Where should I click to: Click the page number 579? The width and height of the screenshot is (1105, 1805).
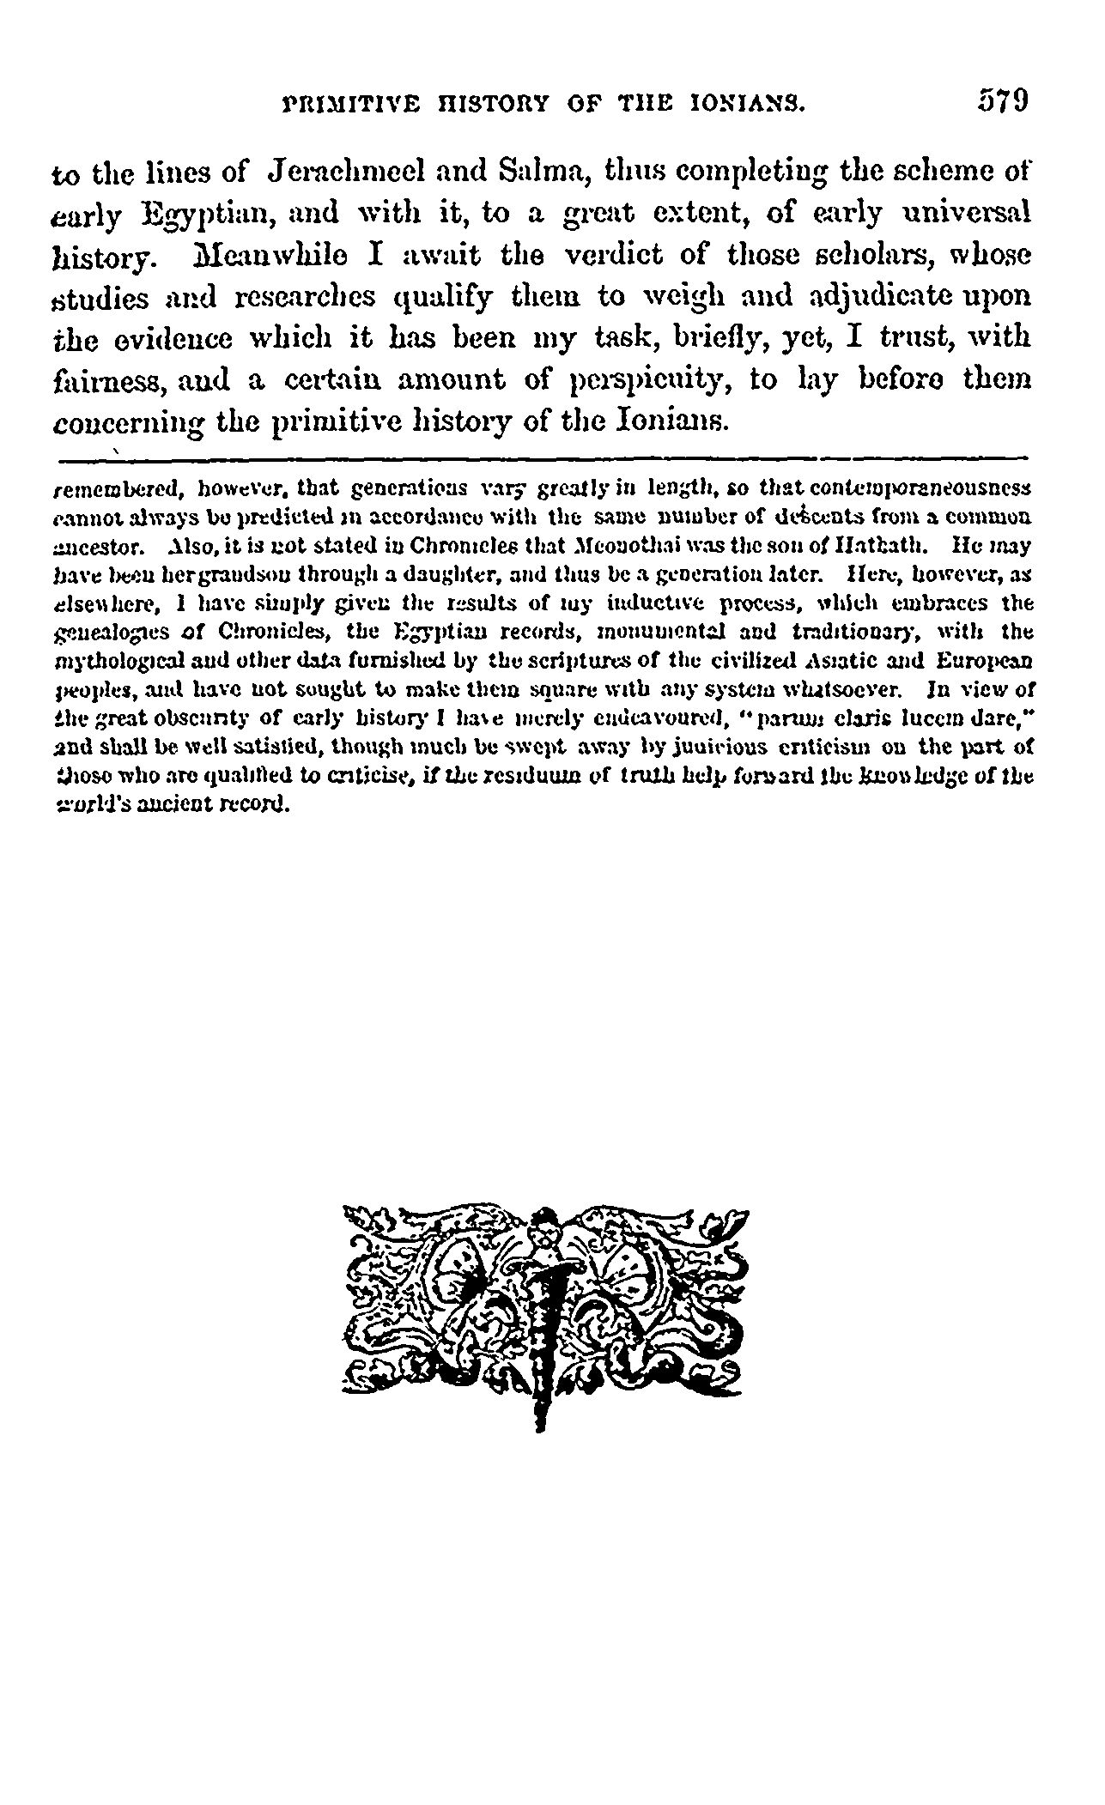(x=1002, y=100)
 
